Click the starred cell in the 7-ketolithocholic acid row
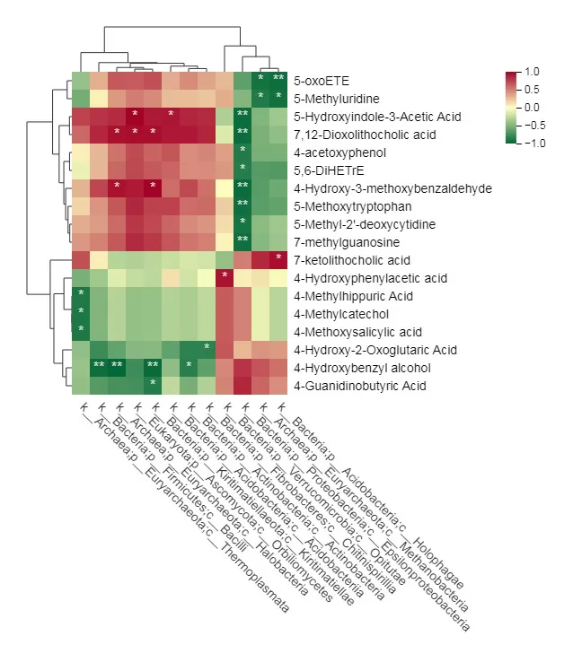[x=278, y=258]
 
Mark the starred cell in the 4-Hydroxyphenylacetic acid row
[x=225, y=276]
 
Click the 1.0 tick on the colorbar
[x=532, y=72]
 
